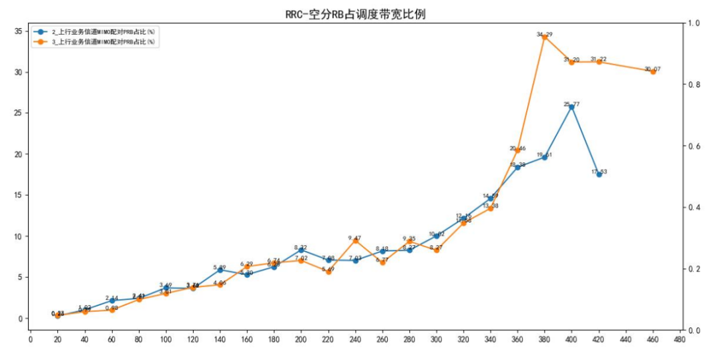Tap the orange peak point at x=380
click(x=545, y=37)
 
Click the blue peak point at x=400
click(x=571, y=107)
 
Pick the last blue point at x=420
click(x=599, y=174)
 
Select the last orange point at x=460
click(x=653, y=71)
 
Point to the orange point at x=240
click(x=355, y=240)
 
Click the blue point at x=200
click(x=301, y=250)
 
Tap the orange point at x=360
click(x=517, y=150)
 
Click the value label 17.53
click(x=599, y=172)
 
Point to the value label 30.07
click(x=652, y=69)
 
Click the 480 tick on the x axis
click(x=680, y=341)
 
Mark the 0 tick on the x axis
click(x=31, y=341)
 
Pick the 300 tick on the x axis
click(x=437, y=341)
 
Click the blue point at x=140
click(x=220, y=270)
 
